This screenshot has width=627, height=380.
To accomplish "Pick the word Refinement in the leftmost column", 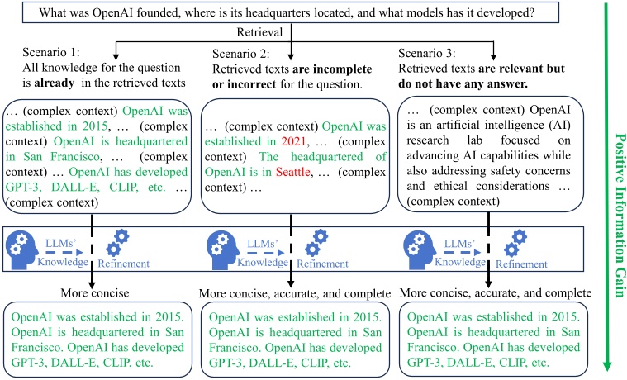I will [x=125, y=264].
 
